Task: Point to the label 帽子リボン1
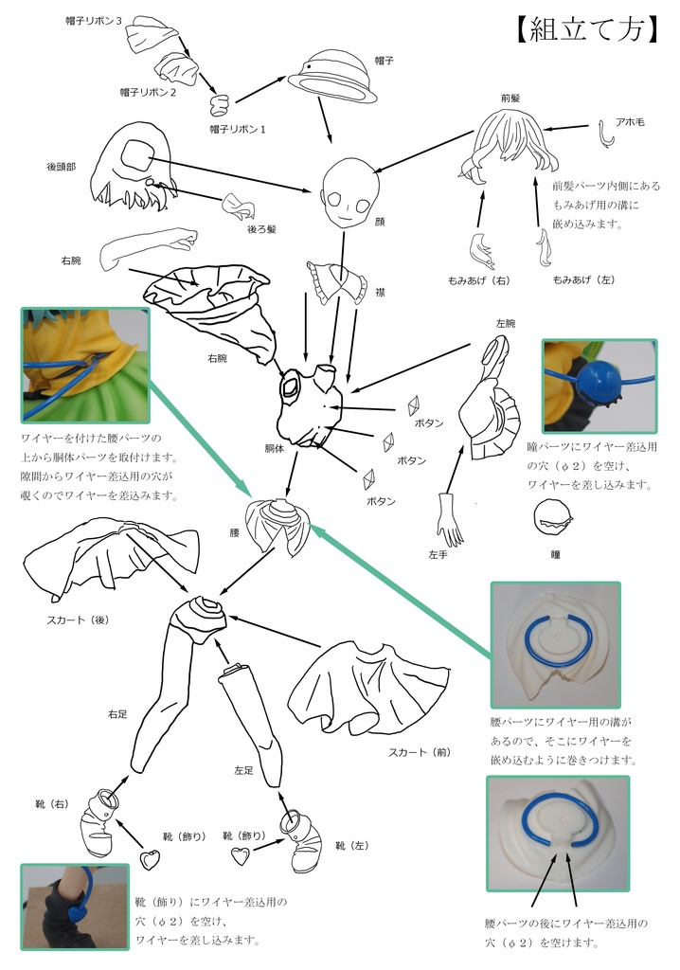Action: click(237, 128)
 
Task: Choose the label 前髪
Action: click(511, 98)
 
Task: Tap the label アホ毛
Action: click(630, 122)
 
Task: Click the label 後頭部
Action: click(62, 166)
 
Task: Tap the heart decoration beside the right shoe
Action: click(149, 860)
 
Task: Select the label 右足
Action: click(118, 713)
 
